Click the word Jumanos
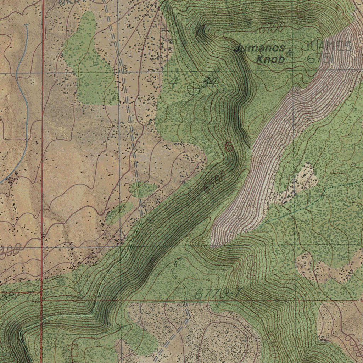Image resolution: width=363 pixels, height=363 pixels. tap(259, 48)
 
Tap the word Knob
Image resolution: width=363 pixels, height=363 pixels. tap(270, 60)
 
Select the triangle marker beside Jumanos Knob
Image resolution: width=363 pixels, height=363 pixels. tap(291, 53)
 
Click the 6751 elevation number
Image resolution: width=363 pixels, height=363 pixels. tap(320, 59)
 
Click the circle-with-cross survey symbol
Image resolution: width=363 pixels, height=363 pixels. tap(194, 89)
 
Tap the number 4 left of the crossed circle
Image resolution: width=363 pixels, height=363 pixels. tap(173, 82)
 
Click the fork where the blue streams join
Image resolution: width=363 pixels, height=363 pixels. tap(17, 76)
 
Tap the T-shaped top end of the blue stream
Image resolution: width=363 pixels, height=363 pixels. tap(28, 25)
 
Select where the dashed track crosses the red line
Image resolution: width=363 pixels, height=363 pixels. tap(187, 300)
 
